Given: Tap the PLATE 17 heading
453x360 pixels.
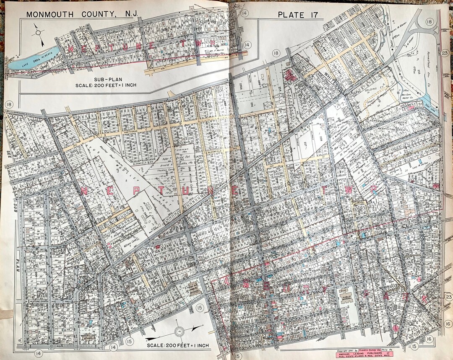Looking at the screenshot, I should pyautogui.click(x=298, y=15).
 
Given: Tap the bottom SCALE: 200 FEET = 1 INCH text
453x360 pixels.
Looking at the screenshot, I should pyautogui.click(x=178, y=345).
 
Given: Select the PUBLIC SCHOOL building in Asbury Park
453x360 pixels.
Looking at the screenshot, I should pyautogui.click(x=347, y=298).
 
